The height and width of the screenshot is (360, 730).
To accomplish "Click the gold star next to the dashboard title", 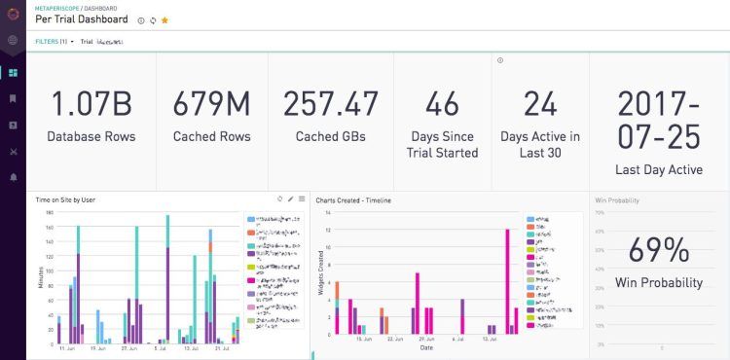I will [x=164, y=19].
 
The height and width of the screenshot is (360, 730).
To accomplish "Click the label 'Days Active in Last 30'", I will [x=539, y=144].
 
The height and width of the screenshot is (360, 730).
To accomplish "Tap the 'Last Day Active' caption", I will [x=659, y=170].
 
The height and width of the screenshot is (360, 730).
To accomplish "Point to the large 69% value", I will [x=659, y=250].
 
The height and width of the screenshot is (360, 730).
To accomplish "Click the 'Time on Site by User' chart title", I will [x=65, y=198].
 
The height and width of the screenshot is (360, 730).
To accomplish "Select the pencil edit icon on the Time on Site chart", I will [x=290, y=198].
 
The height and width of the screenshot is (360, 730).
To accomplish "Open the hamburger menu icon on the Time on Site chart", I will [x=302, y=198].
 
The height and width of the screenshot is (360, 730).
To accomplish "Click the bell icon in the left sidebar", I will [x=13, y=177].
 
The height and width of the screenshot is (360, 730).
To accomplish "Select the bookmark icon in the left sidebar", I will [x=13, y=98].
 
